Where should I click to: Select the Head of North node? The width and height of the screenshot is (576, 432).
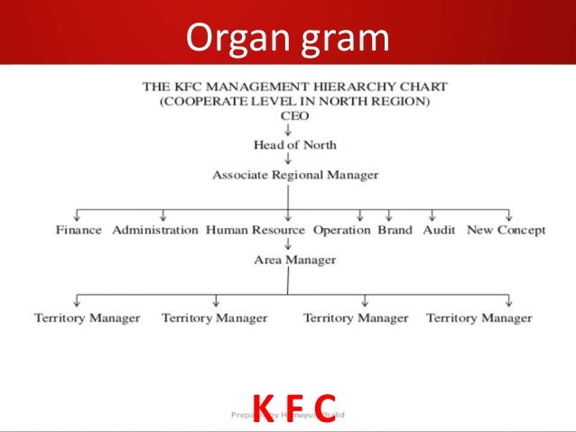point(294,145)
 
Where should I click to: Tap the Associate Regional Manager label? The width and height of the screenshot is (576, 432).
point(295,175)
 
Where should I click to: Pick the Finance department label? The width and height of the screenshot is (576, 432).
point(79,230)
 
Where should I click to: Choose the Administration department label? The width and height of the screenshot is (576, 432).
point(155,230)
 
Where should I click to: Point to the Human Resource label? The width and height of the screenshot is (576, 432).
point(255,230)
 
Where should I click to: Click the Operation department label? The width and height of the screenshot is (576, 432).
point(342,230)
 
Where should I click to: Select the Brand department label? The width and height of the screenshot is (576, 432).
point(395,230)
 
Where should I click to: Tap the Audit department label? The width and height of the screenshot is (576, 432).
point(439,230)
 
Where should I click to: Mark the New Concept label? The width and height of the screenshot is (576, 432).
point(506,230)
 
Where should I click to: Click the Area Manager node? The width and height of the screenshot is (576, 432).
point(295,260)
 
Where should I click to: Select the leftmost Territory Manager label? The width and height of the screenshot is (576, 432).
point(88,317)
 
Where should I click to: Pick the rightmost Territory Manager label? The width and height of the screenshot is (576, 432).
point(478,317)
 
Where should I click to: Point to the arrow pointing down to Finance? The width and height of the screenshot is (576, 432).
point(79,216)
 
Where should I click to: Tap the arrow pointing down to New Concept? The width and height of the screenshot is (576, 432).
point(510,216)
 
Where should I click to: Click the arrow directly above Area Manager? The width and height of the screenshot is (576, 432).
point(288,244)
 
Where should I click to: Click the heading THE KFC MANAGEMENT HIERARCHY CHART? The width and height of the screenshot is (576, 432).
point(295,87)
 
